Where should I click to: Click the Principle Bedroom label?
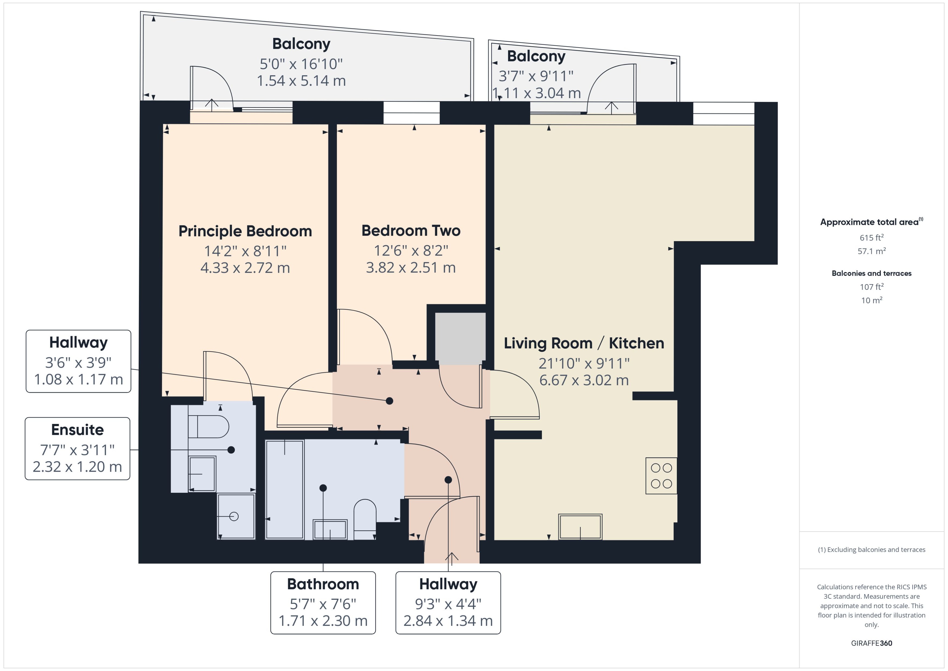pos(245,231)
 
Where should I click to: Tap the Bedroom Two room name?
pos(411,231)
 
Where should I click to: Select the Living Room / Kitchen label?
pos(584,343)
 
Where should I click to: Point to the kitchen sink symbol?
pos(580,526)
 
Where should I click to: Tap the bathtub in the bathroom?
pos(285,489)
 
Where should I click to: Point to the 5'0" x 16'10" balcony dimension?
pos(301,64)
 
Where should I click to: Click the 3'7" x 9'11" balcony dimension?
pos(536,76)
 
